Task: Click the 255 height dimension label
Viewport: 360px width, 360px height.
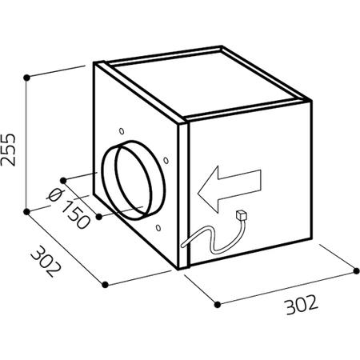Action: pos(8,150)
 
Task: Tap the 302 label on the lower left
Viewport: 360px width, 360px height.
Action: pos(46,262)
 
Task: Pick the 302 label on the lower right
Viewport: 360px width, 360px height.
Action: pos(302,304)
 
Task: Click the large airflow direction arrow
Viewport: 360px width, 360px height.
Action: pos(229,189)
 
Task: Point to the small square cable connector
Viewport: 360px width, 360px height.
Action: pos(241,215)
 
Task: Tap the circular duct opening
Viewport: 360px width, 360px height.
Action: pos(134,180)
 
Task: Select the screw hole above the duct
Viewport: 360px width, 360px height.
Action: pos(122,131)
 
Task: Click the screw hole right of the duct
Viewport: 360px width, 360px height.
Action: pos(166,161)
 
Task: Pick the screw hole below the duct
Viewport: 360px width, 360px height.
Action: pos(158,228)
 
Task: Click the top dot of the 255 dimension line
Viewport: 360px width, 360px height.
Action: pos(26,78)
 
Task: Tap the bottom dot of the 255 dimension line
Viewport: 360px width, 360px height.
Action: pos(26,212)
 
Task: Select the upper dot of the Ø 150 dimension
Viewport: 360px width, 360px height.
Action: pos(63,181)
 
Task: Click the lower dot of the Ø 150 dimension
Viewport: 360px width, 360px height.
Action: pos(99,217)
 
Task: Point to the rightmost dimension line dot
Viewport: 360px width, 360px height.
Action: pos(356,271)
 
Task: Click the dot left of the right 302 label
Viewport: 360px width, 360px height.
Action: pos(218,304)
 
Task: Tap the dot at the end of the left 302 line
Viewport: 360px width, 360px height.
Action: pos(105,285)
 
